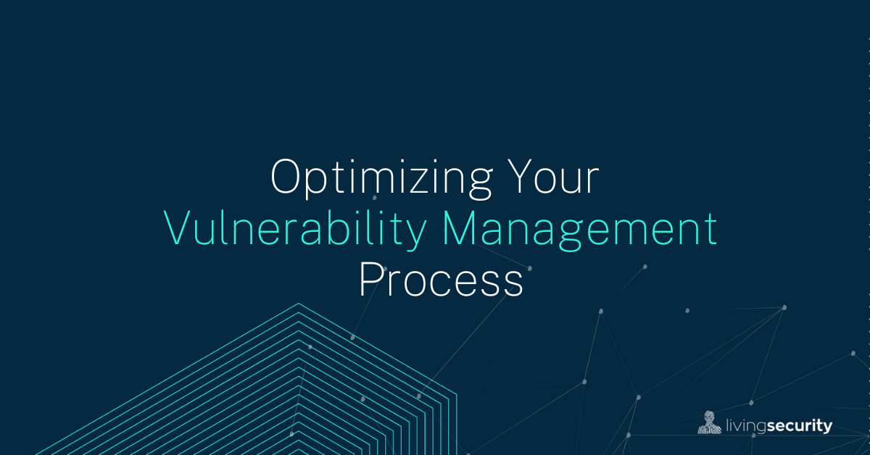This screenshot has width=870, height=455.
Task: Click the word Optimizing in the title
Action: tap(371, 179)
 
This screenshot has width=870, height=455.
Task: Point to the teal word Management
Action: tap(580, 230)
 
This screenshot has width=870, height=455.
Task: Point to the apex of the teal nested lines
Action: tap(297, 304)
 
